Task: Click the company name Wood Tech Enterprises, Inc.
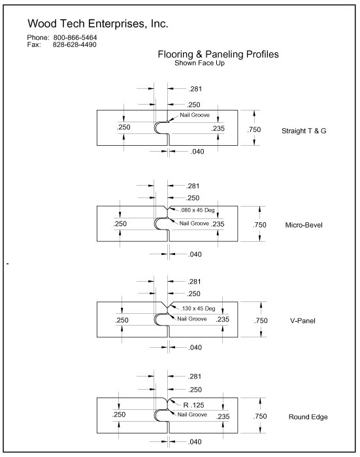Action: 98,24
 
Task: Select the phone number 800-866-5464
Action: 75,38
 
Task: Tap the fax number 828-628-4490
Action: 74,44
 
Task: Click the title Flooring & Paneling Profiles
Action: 218,54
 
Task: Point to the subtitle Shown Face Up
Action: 199,63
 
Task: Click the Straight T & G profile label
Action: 304,131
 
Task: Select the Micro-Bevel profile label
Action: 304,225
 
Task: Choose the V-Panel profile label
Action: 303,321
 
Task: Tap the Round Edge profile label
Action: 308,417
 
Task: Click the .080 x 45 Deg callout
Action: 197,210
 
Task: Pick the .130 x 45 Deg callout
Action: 198,309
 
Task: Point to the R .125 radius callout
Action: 193,405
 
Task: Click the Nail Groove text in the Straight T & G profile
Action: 195,115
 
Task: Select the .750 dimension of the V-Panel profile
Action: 261,320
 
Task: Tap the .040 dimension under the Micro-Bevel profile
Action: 195,254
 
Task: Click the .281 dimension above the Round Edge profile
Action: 195,377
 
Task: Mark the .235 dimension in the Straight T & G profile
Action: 218,128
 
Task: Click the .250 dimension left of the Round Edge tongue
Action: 119,415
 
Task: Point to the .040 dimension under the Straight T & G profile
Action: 197,152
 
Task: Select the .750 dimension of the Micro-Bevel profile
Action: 259,225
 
